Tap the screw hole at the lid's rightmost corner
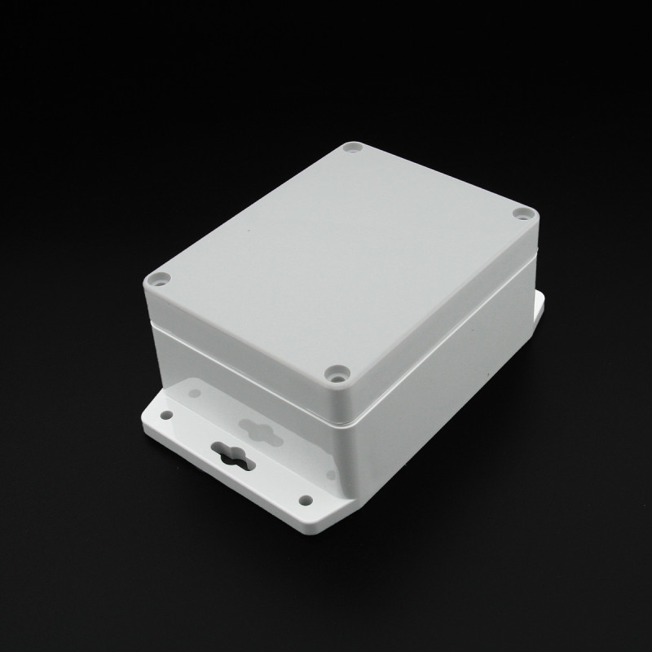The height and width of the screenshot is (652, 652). [522, 214]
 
